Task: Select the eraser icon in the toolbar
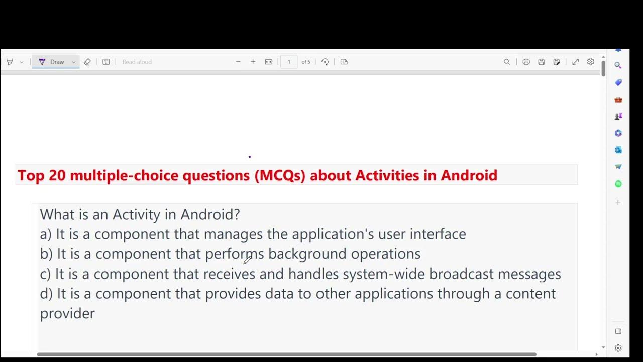pos(87,62)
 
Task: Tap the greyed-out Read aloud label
pos(137,62)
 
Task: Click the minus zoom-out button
pos(238,62)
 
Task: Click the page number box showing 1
pos(289,62)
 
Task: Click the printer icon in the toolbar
pos(526,62)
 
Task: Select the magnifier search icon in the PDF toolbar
pos(507,62)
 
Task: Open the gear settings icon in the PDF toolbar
pos(591,62)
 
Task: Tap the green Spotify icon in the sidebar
pos(618,184)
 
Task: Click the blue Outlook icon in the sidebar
pos(618,150)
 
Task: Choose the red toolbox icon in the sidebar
pos(618,100)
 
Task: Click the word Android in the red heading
pos(469,175)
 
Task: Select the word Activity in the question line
pos(136,215)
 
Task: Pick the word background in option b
pos(307,254)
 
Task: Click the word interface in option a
pos(438,234)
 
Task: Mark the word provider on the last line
pos(67,314)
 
